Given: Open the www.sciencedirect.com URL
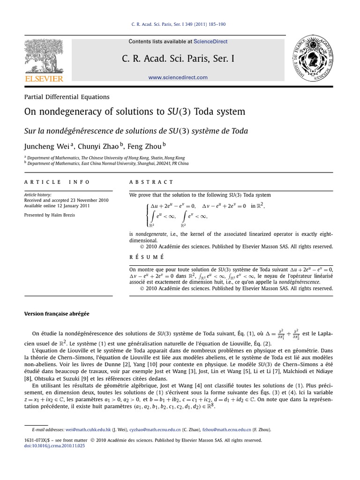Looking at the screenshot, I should click(x=178, y=77).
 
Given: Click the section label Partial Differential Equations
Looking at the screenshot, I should click(x=67, y=97).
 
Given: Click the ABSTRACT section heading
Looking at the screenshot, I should click(x=151, y=182).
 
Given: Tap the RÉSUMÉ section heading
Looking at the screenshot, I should click(x=146, y=257).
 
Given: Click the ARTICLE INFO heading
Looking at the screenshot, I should click(x=57, y=182).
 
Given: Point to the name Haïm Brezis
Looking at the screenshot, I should click(x=63, y=215).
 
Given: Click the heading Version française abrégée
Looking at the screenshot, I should click(x=57, y=314).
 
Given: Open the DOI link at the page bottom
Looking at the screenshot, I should click(x=54, y=446).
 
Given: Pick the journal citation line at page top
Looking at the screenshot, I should click(x=180, y=24).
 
